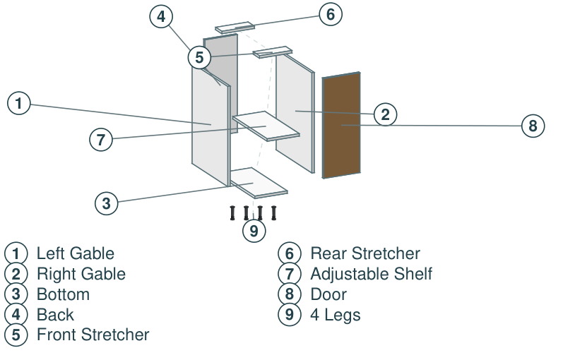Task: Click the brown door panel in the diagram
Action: [341, 125]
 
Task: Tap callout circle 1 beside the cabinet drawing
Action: [18, 103]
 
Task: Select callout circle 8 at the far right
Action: [533, 126]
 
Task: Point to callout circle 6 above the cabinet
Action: [331, 14]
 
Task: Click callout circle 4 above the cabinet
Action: [161, 16]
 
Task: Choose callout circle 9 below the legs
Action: [254, 231]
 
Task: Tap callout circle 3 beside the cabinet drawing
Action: [107, 203]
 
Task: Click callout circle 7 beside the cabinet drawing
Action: [101, 139]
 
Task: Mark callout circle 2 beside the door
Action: [385, 114]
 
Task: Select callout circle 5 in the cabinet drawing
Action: [199, 57]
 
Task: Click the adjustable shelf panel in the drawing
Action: [266, 126]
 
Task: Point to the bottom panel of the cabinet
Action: [259, 183]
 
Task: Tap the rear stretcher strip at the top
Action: [235, 28]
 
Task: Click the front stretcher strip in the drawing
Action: [273, 52]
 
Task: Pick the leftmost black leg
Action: [232, 213]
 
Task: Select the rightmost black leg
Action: [273, 213]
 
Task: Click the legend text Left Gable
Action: [76, 253]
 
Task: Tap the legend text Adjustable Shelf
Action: [372, 274]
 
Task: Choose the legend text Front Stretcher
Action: [93, 335]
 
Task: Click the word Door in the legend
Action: [328, 294]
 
